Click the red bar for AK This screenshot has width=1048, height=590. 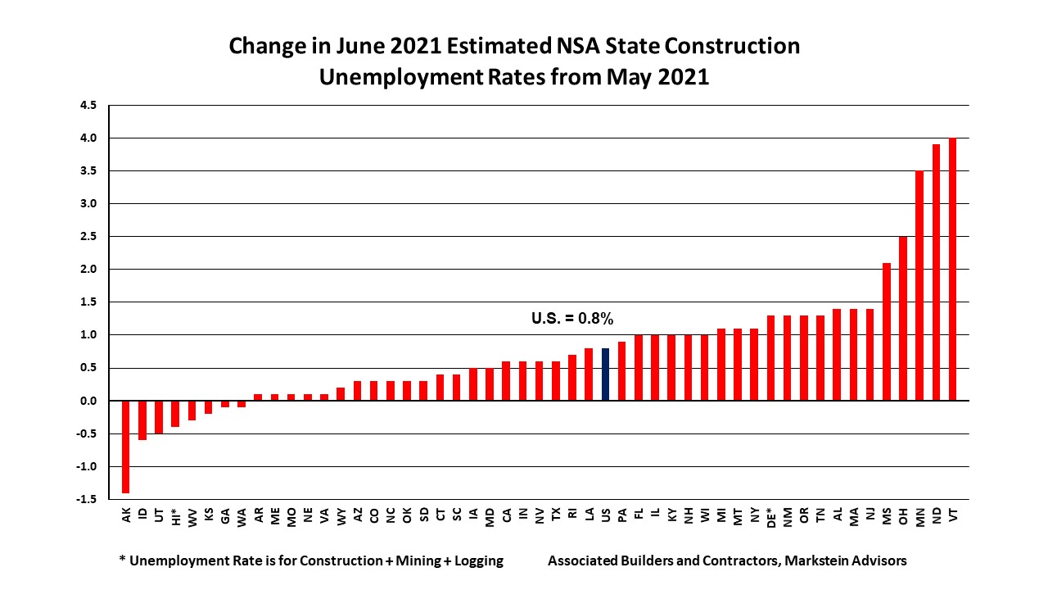tap(126, 447)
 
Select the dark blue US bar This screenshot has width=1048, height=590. tap(606, 374)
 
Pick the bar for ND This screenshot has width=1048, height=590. tap(937, 272)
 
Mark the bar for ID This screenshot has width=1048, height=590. tap(142, 420)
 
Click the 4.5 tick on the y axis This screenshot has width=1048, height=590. tap(87, 105)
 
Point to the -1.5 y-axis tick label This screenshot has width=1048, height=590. tap(85, 499)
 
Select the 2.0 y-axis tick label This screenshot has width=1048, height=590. tap(87, 269)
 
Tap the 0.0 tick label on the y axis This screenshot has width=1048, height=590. tap(87, 401)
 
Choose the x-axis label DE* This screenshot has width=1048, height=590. tap(771, 518)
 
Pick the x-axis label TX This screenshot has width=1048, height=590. tap(557, 515)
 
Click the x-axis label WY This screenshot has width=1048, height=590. tap(341, 515)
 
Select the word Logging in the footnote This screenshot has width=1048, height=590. tap(474, 561)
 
